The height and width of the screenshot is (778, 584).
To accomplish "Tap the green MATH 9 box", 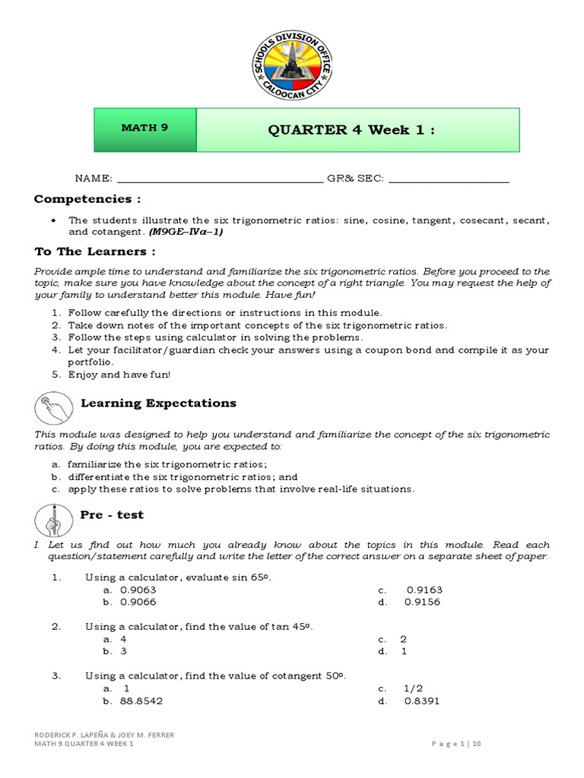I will (144, 128).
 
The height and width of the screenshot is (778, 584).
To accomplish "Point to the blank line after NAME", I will (219, 180).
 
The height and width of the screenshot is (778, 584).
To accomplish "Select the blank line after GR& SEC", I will (448, 180).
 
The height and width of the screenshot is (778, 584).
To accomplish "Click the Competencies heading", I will (87, 199).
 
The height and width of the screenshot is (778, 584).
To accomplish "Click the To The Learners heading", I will (95, 251).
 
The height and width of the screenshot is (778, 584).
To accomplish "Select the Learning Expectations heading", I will (158, 403).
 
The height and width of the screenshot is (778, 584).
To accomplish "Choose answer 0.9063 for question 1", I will (138, 590).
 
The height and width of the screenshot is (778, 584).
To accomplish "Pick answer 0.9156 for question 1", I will (423, 602).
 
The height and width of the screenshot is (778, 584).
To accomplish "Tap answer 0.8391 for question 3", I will (423, 701).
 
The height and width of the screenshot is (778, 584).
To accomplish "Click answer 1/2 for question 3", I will (414, 688).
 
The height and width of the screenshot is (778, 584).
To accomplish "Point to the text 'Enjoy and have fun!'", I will (119, 375).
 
